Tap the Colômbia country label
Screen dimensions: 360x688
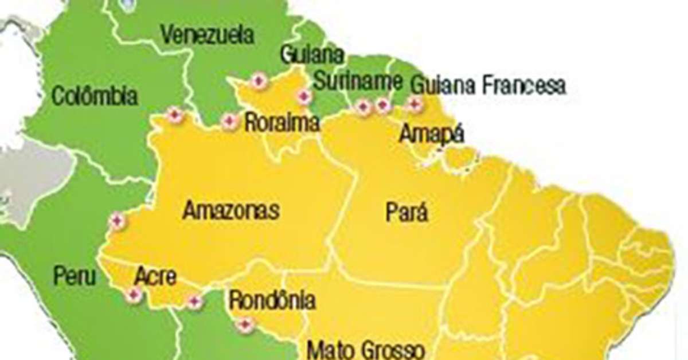(x=95, y=95)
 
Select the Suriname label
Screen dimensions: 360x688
(x=358, y=82)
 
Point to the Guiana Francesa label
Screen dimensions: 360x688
(x=488, y=85)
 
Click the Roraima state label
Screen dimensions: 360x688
(x=282, y=123)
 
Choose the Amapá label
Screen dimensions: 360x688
(x=431, y=134)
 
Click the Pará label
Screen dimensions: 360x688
(x=406, y=213)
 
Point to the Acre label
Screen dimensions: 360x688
(x=155, y=276)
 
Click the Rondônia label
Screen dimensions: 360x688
(x=272, y=300)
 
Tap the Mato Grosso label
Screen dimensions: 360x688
(x=366, y=350)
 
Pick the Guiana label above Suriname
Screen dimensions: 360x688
(x=312, y=55)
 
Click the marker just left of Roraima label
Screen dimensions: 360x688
(x=229, y=121)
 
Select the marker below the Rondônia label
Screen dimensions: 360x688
(x=245, y=325)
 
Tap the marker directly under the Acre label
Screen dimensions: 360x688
(x=134, y=295)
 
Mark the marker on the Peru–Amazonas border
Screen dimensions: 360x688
(x=117, y=220)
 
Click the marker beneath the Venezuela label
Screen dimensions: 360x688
(x=259, y=81)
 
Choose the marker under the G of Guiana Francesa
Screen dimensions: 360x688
(x=414, y=104)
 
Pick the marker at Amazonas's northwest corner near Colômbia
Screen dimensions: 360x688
(x=175, y=116)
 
